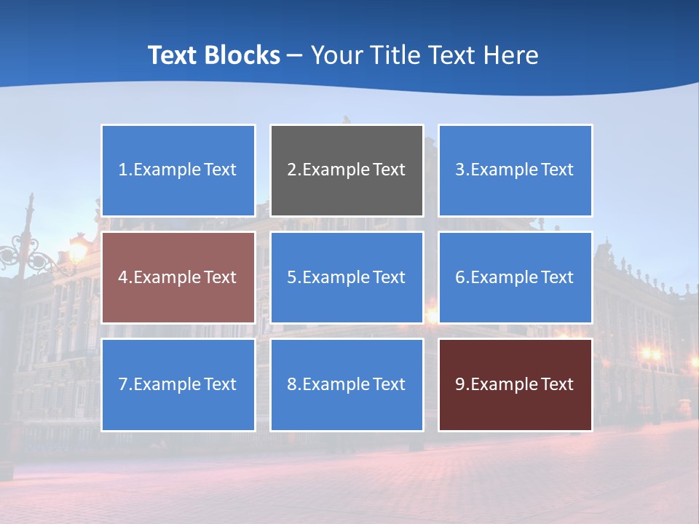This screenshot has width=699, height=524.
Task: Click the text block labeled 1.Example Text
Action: [178, 170]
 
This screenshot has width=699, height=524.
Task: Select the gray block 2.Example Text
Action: [347, 170]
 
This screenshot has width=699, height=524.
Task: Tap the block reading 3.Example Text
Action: [515, 170]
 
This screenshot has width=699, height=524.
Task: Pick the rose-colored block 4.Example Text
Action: [178, 277]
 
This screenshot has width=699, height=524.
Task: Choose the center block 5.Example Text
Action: [347, 277]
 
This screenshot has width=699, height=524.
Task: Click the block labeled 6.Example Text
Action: [515, 277]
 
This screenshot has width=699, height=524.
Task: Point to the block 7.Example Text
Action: [178, 384]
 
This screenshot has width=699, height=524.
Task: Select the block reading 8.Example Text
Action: [347, 384]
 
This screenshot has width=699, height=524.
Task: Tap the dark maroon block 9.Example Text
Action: [515, 384]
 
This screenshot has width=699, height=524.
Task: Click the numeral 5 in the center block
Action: [291, 277]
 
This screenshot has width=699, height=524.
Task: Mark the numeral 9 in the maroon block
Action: [460, 384]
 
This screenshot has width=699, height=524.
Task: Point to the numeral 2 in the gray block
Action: [291, 170]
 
